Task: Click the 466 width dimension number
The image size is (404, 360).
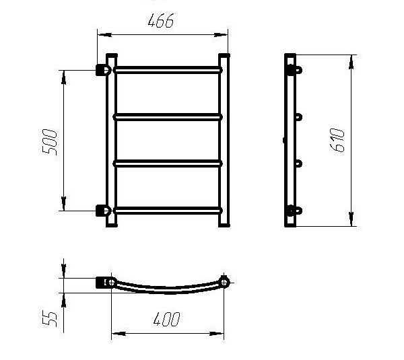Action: [x=161, y=21]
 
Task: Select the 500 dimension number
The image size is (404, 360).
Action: [x=49, y=142]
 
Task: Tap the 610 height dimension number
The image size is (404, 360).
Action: [x=337, y=141]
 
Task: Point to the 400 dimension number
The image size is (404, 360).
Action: [x=167, y=320]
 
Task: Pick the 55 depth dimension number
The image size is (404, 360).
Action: [x=49, y=320]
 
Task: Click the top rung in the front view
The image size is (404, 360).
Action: [x=168, y=70]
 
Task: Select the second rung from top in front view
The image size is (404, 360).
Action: [x=168, y=117]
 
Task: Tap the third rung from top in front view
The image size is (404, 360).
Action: [x=168, y=164]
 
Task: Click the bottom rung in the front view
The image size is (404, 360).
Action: [x=168, y=211]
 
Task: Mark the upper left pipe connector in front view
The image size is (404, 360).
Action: [x=103, y=70]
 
